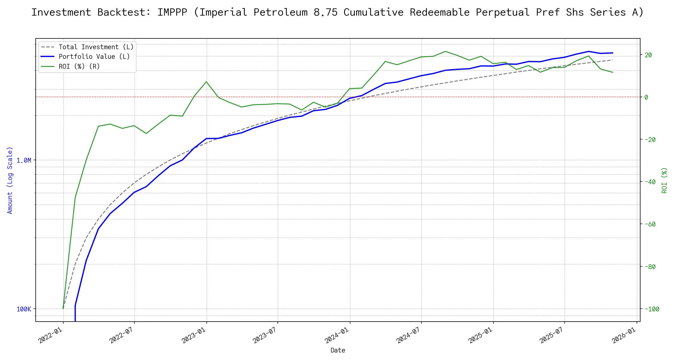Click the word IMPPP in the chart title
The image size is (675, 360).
pyautogui.click(x=172, y=12)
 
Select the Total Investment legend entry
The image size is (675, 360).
pyautogui.click(x=96, y=47)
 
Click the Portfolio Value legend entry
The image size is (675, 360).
pyautogui.click(x=94, y=57)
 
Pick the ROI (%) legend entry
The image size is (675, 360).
pyautogui.click(x=79, y=66)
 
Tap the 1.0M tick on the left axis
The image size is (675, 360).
pyautogui.click(x=24, y=160)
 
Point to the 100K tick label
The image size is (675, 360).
pyautogui.click(x=24, y=309)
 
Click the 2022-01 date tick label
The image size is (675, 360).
pyautogui.click(x=50, y=335)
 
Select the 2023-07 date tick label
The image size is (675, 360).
pyautogui.click(x=265, y=335)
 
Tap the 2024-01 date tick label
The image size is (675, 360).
pyautogui.click(x=337, y=335)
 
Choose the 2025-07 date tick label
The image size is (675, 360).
pyautogui.click(x=552, y=335)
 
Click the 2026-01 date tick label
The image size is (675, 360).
pyautogui.click(x=624, y=335)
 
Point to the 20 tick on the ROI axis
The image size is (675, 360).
pyautogui.click(x=648, y=55)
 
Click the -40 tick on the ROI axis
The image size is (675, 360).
pyautogui.click(x=650, y=182)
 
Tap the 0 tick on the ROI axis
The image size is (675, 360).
pyautogui.click(x=646, y=97)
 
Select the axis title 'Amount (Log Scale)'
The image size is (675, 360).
pyautogui.click(x=10, y=180)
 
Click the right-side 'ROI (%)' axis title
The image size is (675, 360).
pyautogui.click(x=664, y=180)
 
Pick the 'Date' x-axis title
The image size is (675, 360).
pyautogui.click(x=338, y=350)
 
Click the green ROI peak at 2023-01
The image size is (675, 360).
pyautogui.click(x=206, y=82)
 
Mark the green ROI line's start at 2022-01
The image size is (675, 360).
pyautogui.click(x=63, y=309)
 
